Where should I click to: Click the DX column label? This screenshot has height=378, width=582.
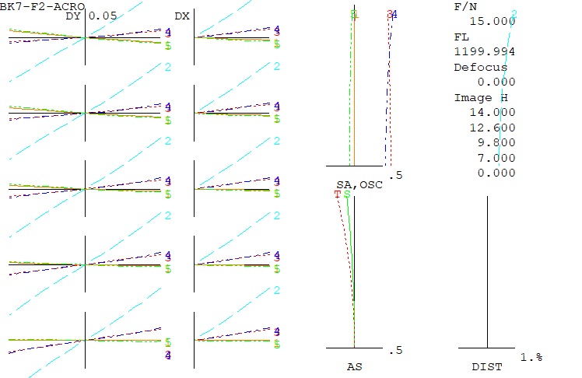tap(181, 16)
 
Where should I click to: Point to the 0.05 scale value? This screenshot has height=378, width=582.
tap(103, 16)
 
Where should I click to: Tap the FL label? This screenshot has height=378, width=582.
tap(461, 37)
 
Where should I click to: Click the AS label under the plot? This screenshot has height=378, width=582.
tap(354, 366)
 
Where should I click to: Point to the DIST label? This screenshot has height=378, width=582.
tap(487, 366)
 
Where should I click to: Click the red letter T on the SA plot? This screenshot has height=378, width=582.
tap(338, 194)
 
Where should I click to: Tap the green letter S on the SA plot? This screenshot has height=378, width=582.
tap(347, 194)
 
